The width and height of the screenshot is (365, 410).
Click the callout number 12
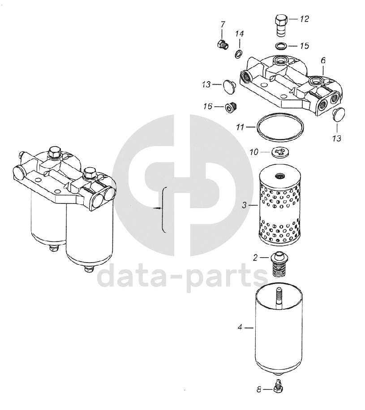click(304, 19)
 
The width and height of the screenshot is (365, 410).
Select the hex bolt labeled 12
click(281, 26)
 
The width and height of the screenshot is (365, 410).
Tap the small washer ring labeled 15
click(281, 46)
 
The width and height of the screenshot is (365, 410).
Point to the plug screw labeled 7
click(223, 45)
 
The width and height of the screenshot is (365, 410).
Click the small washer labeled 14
click(239, 54)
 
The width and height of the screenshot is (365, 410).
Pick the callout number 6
click(323, 60)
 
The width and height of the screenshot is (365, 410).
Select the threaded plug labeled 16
click(232, 107)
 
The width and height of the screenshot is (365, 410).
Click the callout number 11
click(240, 128)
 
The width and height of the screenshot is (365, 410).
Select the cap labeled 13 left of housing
click(229, 86)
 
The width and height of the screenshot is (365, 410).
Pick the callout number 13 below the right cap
click(337, 138)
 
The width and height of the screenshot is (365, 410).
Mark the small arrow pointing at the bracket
click(157, 208)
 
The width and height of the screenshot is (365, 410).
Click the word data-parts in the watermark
click(182, 276)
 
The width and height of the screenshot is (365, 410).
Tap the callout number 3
click(244, 205)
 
